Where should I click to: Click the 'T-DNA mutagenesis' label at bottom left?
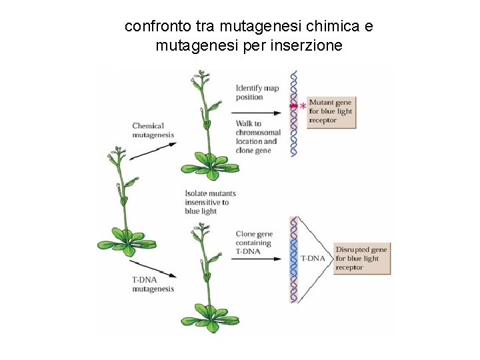point(153,285)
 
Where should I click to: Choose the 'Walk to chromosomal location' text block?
point(257,137)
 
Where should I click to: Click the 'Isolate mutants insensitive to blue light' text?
point(210,202)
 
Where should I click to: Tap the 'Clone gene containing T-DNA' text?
point(253,243)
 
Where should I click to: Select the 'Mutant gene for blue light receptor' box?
point(331,111)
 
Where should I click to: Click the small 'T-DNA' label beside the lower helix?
point(313,258)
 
